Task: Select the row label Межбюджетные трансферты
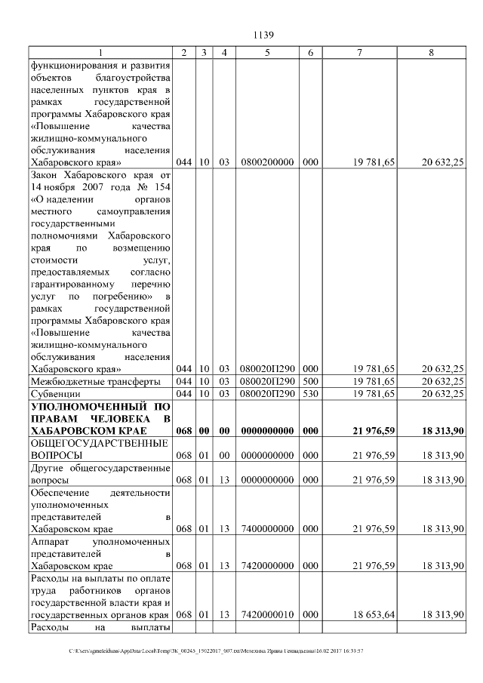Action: [84, 381]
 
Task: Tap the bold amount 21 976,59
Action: [374, 431]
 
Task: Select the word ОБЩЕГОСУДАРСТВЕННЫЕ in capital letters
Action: [97, 444]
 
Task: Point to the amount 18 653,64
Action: [374, 616]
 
